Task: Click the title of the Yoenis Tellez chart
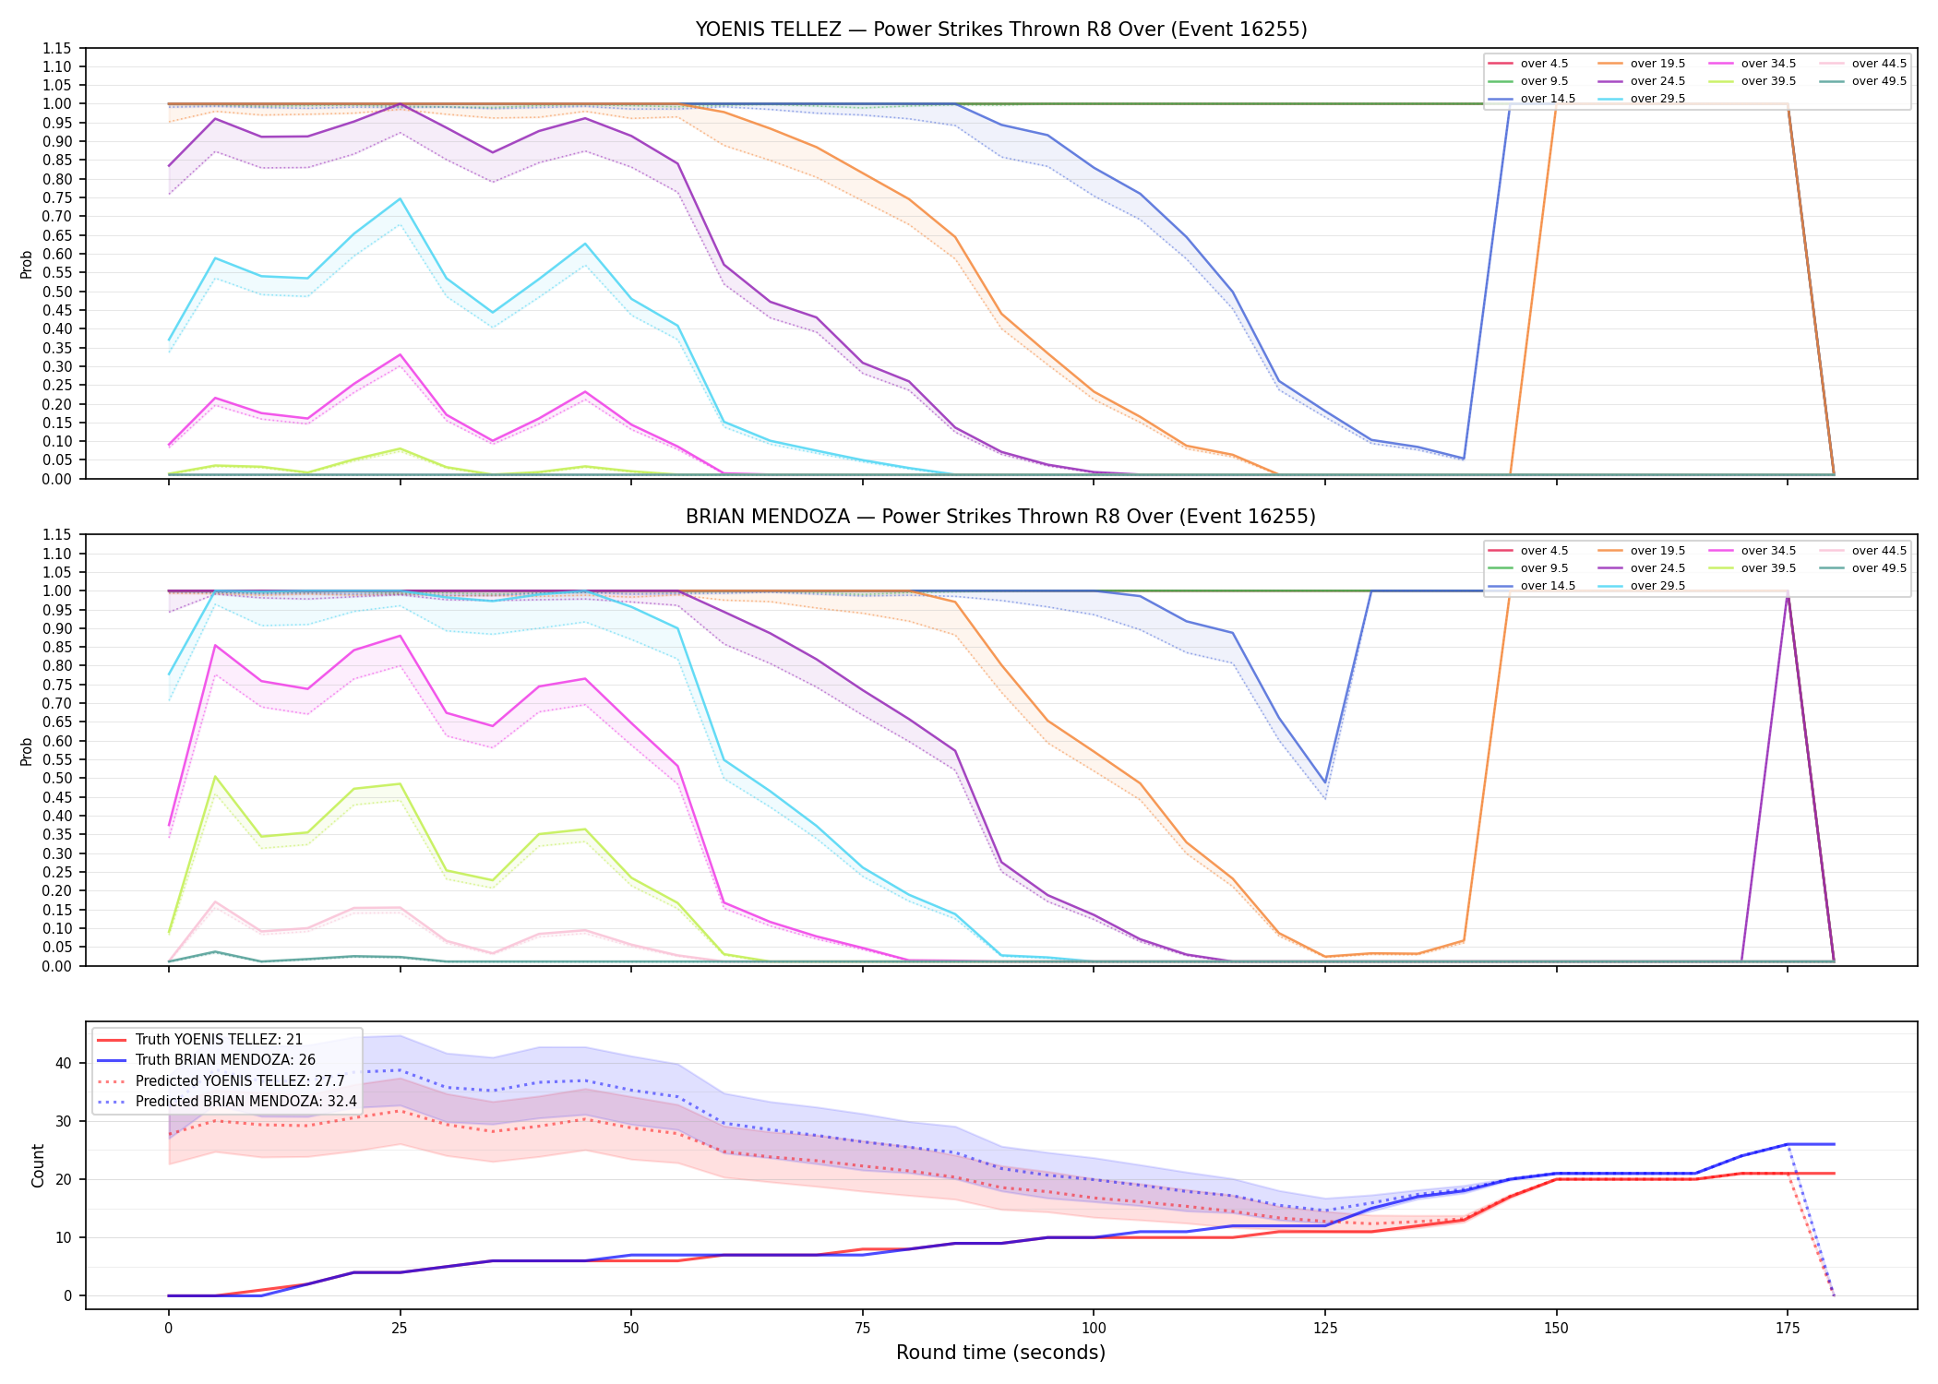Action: click(1001, 30)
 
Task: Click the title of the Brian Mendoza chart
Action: click(1001, 517)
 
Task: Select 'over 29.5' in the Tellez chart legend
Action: click(1657, 99)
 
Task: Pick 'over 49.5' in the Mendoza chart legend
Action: click(1879, 568)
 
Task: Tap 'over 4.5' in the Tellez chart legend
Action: click(1544, 64)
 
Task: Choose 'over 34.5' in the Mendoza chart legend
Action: click(1768, 551)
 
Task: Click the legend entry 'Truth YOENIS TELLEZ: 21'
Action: click(219, 1040)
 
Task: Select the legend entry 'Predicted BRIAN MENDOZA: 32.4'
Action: click(246, 1102)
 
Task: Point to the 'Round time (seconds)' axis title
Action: click(1001, 1353)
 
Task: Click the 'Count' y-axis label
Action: click(38, 1165)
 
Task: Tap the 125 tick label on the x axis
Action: click(1324, 1329)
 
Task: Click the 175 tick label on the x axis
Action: click(1788, 1329)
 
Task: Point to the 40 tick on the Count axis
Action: click(64, 1063)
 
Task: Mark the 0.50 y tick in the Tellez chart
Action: click(57, 292)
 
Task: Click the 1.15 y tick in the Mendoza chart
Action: click(57, 535)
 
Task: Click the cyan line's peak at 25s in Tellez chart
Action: click(400, 198)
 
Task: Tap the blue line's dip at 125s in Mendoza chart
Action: click(1325, 782)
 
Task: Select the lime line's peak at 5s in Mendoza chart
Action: click(215, 777)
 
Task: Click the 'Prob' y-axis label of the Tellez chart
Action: click(27, 264)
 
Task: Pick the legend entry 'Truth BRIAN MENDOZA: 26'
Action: click(225, 1060)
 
